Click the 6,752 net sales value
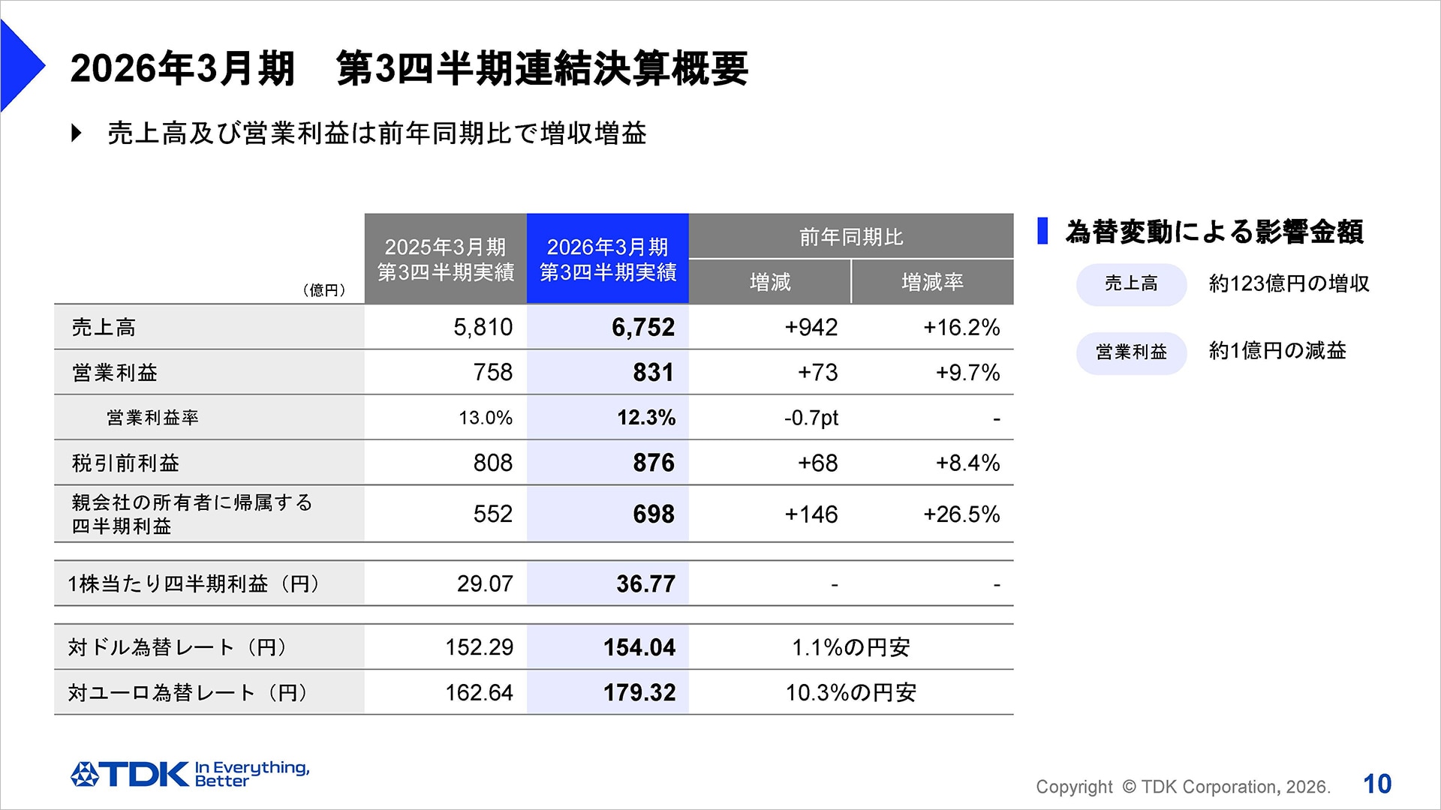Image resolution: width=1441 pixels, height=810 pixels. (x=642, y=328)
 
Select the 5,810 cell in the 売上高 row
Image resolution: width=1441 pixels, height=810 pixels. (x=483, y=328)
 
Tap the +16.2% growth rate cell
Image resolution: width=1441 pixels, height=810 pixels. (x=961, y=328)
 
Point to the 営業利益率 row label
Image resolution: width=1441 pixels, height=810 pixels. (x=152, y=418)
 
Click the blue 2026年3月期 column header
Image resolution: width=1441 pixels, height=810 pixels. (x=607, y=259)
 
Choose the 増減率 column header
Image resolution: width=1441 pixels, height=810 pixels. (x=932, y=283)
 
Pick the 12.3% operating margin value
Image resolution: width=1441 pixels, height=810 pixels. (x=645, y=418)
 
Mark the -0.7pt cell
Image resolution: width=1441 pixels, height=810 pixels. (x=811, y=418)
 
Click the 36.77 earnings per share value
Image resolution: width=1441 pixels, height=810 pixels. (x=645, y=583)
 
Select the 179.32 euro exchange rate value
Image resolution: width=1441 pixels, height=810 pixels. (x=639, y=692)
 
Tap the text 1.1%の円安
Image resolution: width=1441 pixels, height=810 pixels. (x=850, y=647)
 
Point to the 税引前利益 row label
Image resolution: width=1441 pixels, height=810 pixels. (x=125, y=463)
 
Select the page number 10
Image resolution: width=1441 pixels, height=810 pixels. (x=1377, y=784)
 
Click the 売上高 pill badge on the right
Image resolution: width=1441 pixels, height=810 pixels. (x=1131, y=284)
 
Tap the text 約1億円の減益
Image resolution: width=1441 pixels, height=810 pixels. (x=1277, y=351)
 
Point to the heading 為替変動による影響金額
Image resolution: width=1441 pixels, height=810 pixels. (x=1214, y=232)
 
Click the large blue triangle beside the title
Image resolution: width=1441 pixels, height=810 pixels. (x=20, y=66)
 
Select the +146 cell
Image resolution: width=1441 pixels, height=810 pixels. (x=811, y=514)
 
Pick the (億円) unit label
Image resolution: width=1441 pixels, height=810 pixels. (x=324, y=290)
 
